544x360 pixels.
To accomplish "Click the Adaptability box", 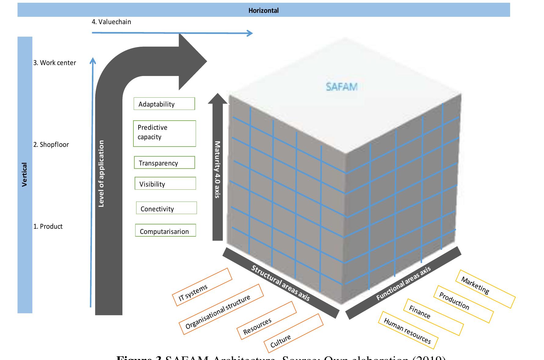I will click(164, 104).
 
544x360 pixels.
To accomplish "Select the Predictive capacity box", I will click(164, 133).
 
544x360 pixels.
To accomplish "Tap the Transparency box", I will click(164, 163).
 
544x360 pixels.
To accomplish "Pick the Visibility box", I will click(165, 184).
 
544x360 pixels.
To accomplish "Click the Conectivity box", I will click(166, 208).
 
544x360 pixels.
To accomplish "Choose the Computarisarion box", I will click(165, 231).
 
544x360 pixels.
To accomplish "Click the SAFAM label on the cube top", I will click(341, 87).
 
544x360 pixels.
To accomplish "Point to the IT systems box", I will click(202, 287).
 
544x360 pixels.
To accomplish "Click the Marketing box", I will click(485, 289).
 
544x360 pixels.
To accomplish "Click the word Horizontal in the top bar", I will click(263, 11).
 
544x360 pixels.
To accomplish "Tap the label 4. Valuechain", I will click(111, 22).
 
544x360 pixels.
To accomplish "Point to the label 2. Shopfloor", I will click(51, 145).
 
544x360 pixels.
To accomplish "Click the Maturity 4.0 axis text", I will click(217, 169).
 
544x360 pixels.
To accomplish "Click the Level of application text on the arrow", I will click(101, 173).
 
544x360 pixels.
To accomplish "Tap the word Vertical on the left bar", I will click(25, 175).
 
